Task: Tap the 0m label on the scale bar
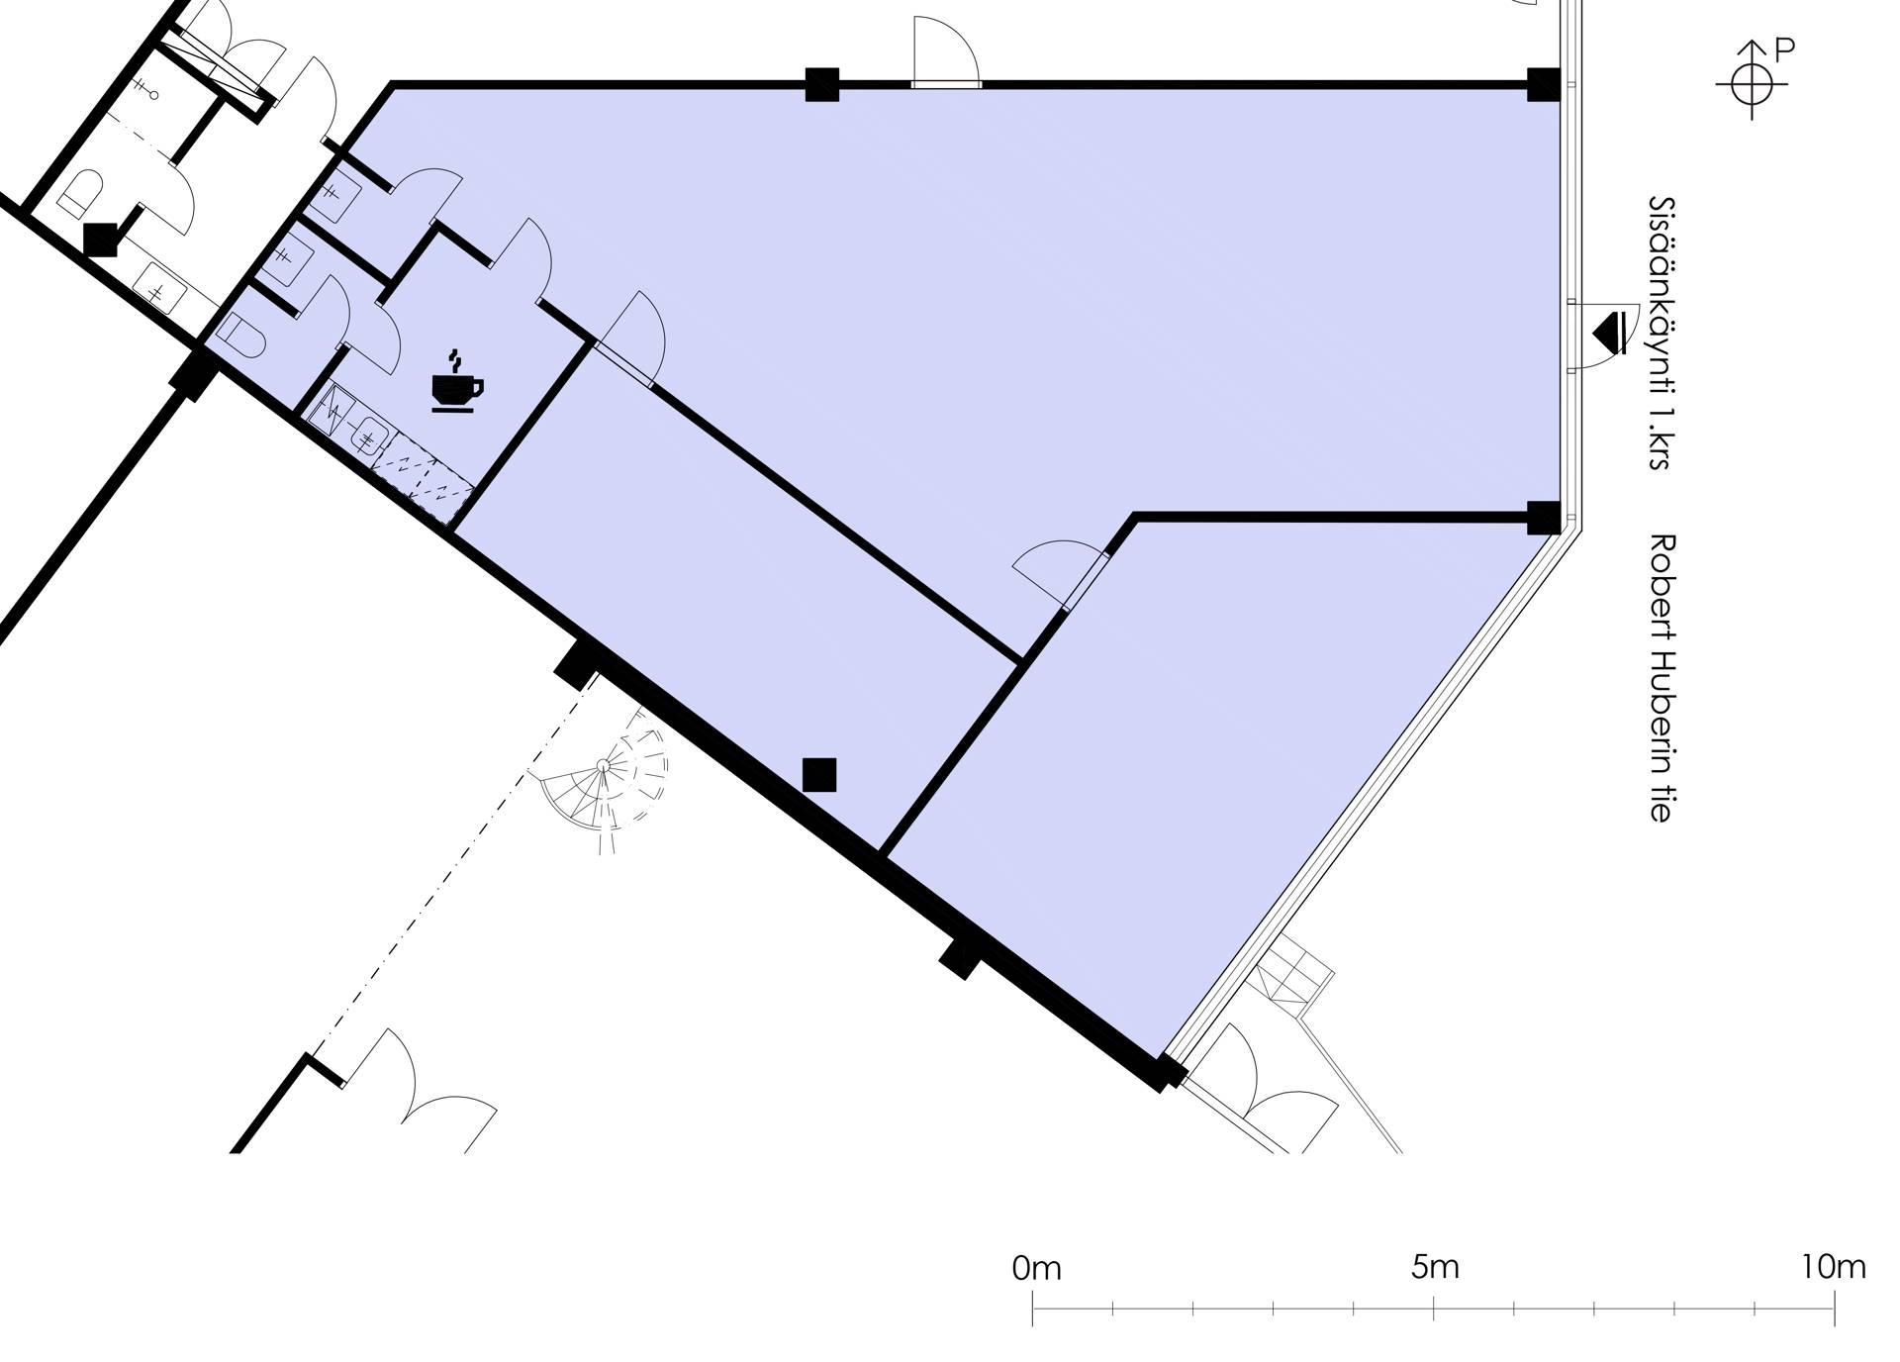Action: coord(1036,1268)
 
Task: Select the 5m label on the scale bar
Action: coord(1435,1267)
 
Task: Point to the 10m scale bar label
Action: coord(1833,1267)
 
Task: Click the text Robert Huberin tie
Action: coord(1662,678)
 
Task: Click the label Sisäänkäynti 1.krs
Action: coord(1662,333)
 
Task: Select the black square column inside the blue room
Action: coord(819,775)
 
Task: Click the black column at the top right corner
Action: coord(1543,84)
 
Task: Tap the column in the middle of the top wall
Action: coord(822,84)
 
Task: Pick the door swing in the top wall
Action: coord(946,51)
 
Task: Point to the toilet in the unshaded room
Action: coord(80,193)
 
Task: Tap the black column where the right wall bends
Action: coord(1544,518)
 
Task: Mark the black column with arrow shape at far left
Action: coord(101,240)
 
